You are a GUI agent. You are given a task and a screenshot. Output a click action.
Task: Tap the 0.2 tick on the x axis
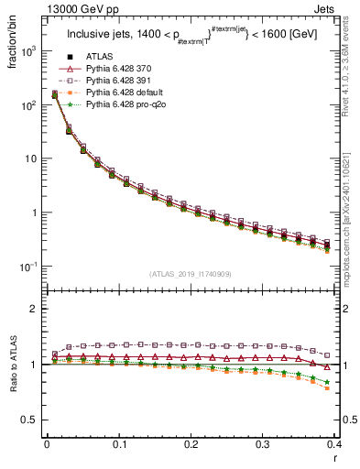tap(191, 444)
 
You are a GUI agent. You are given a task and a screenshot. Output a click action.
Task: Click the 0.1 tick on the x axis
tap(118, 444)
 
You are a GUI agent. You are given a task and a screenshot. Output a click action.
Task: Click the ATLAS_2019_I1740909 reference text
tap(190, 275)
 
